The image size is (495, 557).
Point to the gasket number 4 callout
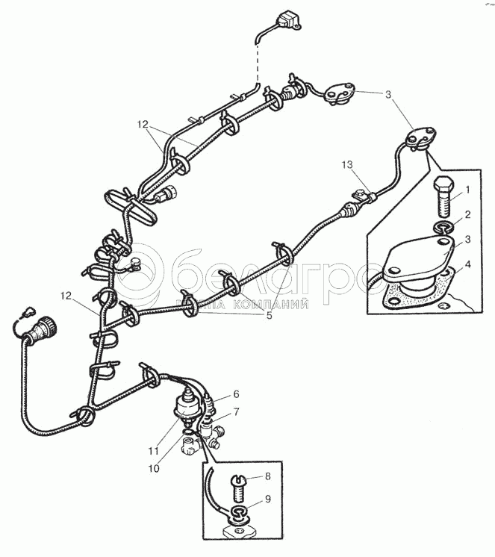click(x=468, y=264)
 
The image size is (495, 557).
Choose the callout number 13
click(x=348, y=164)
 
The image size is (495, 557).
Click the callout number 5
click(x=270, y=315)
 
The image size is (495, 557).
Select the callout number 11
click(x=153, y=451)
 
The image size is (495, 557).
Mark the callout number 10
click(x=154, y=469)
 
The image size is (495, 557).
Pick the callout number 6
click(x=236, y=394)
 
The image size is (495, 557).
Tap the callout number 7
click(x=236, y=411)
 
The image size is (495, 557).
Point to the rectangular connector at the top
click(x=287, y=20)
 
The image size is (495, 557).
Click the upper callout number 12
click(x=143, y=125)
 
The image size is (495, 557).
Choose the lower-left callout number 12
click(x=66, y=295)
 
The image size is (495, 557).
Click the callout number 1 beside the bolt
click(x=467, y=190)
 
